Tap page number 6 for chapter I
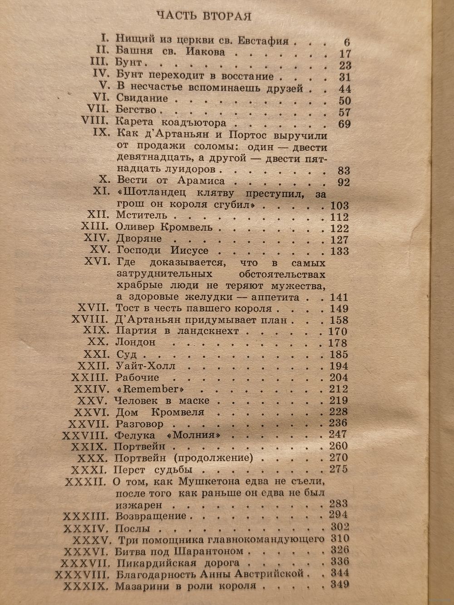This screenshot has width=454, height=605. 346,42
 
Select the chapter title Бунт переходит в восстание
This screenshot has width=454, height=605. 195,76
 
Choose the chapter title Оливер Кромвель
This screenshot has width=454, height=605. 168,228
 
